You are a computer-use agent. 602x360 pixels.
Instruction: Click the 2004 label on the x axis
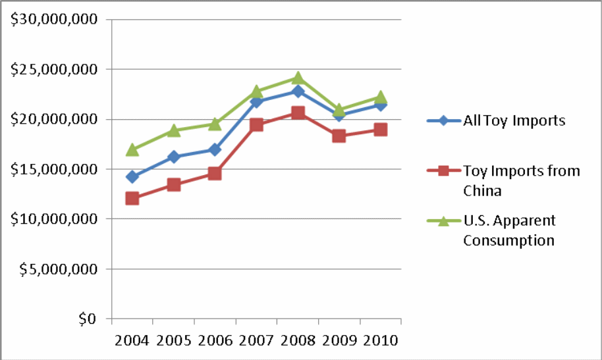132,341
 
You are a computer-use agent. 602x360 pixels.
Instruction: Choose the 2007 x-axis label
256,341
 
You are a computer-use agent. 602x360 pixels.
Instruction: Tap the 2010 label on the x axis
381,341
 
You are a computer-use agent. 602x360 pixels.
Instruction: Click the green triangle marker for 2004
132,149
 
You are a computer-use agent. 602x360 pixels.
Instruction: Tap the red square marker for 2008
298,113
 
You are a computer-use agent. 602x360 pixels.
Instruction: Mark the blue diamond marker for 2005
173,157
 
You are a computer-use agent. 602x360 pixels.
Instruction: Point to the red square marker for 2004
132,198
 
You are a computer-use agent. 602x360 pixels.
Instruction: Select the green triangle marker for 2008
298,77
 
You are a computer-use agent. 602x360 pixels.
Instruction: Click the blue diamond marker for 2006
215,149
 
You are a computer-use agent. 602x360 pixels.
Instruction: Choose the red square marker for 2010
381,130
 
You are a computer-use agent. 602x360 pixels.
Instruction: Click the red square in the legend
443,171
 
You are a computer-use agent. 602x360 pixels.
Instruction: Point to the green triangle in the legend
443,221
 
